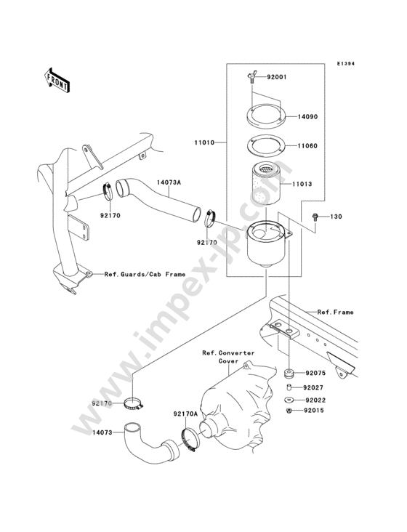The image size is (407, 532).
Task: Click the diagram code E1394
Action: point(345,63)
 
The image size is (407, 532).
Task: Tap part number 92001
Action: point(276,77)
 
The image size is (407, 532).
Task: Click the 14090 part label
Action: point(307,117)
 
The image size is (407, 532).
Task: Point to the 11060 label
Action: point(307,146)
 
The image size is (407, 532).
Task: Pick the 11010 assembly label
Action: point(204,142)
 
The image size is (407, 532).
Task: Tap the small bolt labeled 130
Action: point(315,217)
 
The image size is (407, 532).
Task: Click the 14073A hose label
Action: point(169,182)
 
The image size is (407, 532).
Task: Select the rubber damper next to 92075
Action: point(289,374)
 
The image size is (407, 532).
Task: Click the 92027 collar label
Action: point(313,387)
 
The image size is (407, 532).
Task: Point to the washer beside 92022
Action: point(289,400)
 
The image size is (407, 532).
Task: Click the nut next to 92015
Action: point(289,411)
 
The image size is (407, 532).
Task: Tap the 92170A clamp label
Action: point(185,414)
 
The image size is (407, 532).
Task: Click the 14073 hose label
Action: point(102,432)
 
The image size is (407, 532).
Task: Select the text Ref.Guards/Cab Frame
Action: point(145,274)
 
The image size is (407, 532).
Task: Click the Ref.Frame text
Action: point(335,312)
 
